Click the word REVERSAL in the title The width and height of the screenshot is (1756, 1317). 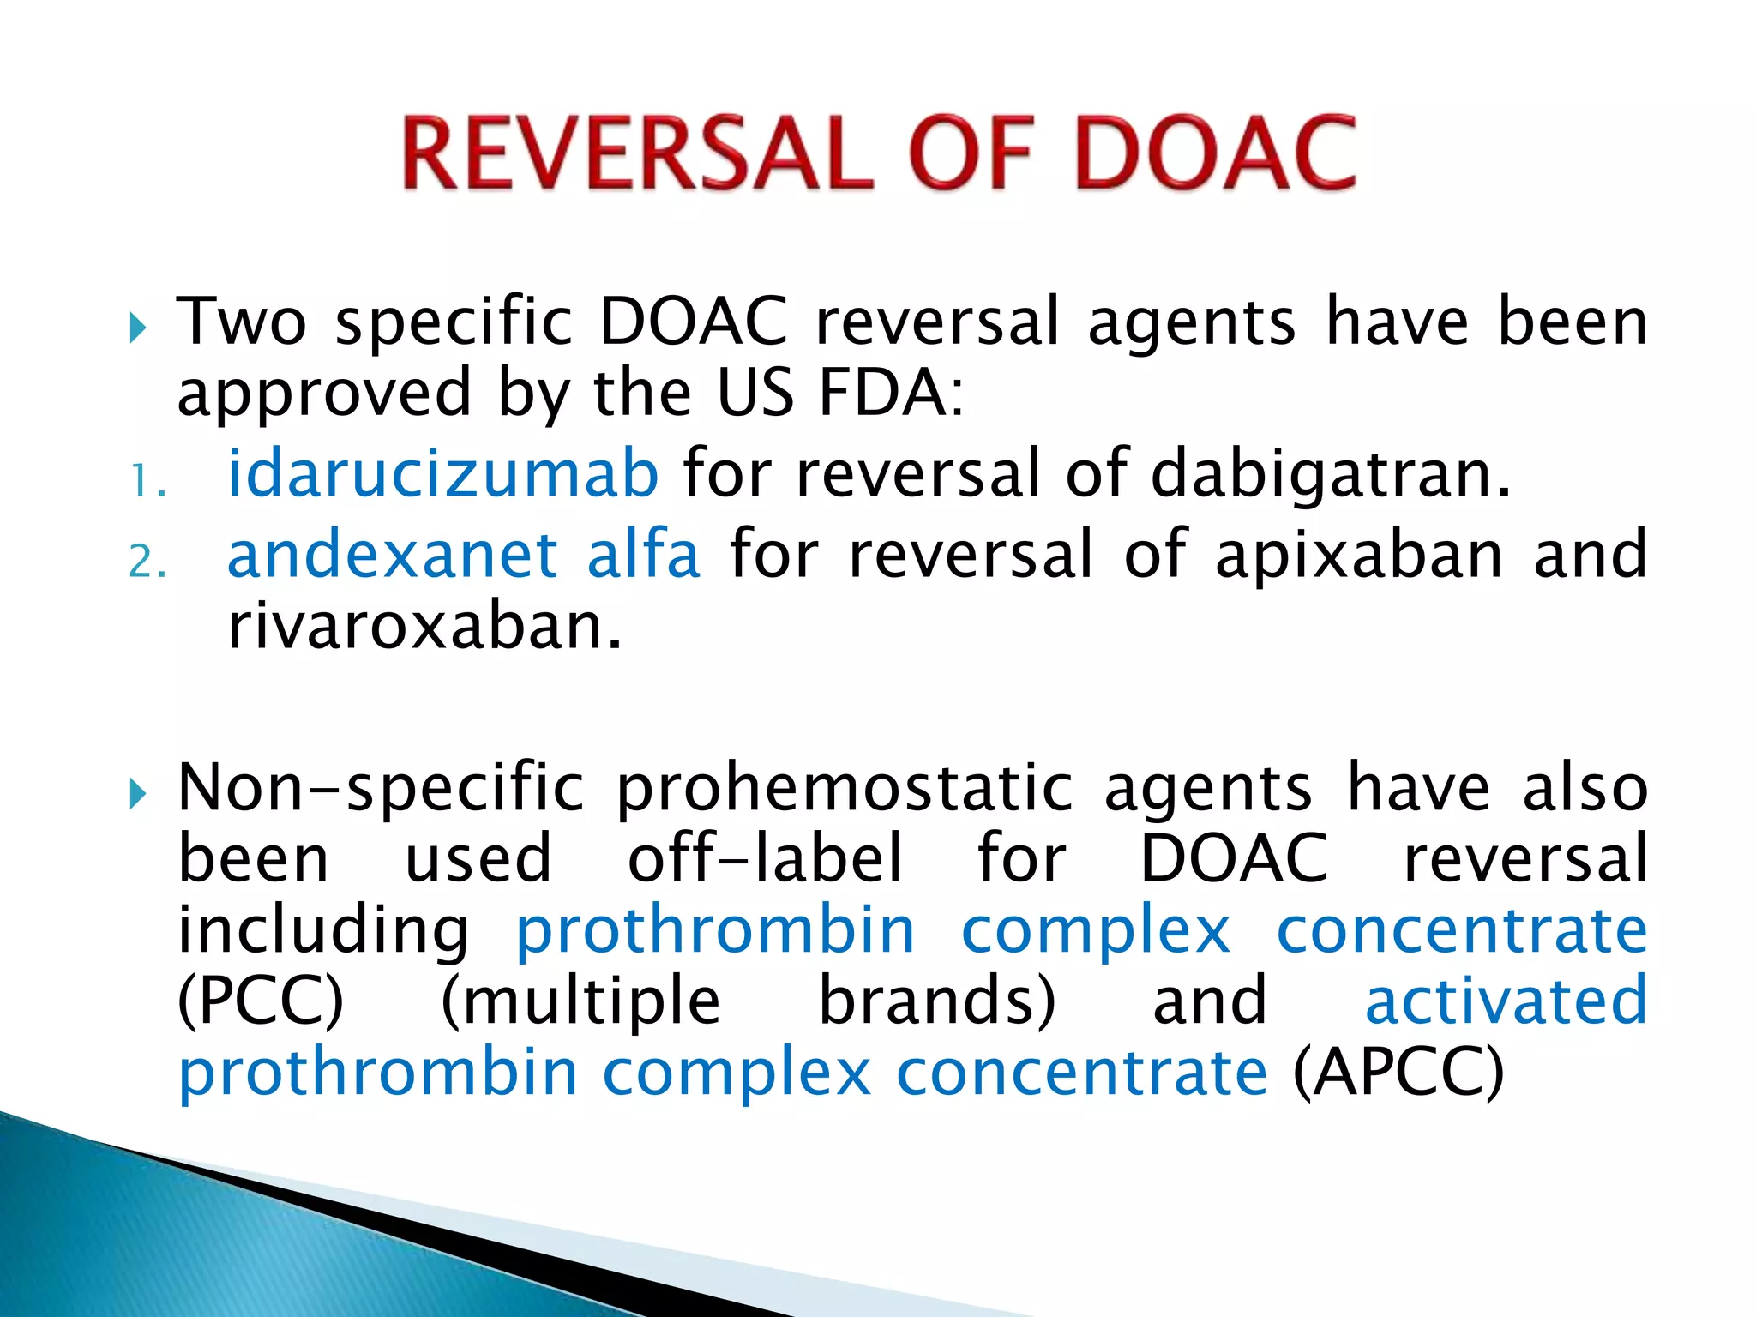[637, 154]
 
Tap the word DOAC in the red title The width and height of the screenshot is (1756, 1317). [1215, 154]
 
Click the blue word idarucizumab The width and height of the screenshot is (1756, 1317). [442, 473]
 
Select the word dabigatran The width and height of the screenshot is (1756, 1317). [1330, 473]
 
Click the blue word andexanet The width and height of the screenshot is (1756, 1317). [393, 555]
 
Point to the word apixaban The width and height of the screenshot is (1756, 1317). [1359, 555]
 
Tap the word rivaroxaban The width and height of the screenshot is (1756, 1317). [424, 626]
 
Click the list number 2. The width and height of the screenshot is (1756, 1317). [146, 562]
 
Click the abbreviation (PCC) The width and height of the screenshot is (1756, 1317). [261, 1001]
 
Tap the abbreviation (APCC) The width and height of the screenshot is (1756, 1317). [1398, 1072]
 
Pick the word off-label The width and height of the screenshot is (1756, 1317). [765, 858]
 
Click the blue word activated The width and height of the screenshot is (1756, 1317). [1506, 1001]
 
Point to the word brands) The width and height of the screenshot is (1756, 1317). [937, 1001]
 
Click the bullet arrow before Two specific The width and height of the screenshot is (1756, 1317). [138, 328]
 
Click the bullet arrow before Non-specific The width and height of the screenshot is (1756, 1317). [138, 794]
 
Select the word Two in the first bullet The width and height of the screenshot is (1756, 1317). [241, 322]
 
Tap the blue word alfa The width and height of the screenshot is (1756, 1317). [643, 555]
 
